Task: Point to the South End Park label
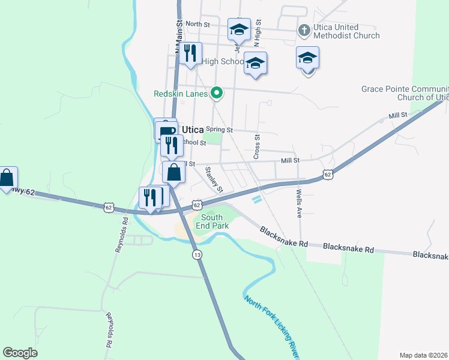coord(215,221)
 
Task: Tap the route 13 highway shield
coord(197,255)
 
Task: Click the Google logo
coord(20,352)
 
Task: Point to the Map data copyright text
coord(424,355)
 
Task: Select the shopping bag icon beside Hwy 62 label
coord(7,177)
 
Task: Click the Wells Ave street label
coord(299,203)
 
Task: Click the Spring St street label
coord(218,129)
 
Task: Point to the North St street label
coord(197,24)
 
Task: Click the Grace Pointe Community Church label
coord(405,93)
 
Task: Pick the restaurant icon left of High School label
coord(190,53)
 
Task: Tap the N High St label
coord(258,37)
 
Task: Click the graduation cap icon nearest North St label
coord(239,28)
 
